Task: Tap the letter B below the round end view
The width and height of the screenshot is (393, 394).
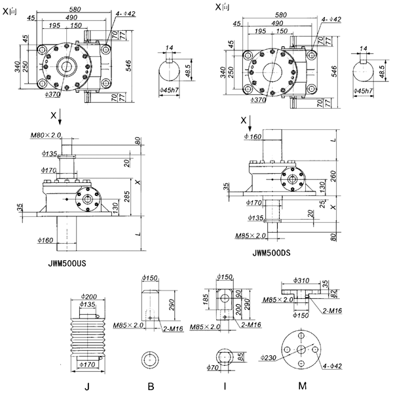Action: [151, 386]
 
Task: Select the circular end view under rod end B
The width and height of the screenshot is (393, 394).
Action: [152, 360]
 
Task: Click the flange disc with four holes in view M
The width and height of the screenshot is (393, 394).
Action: [301, 349]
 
